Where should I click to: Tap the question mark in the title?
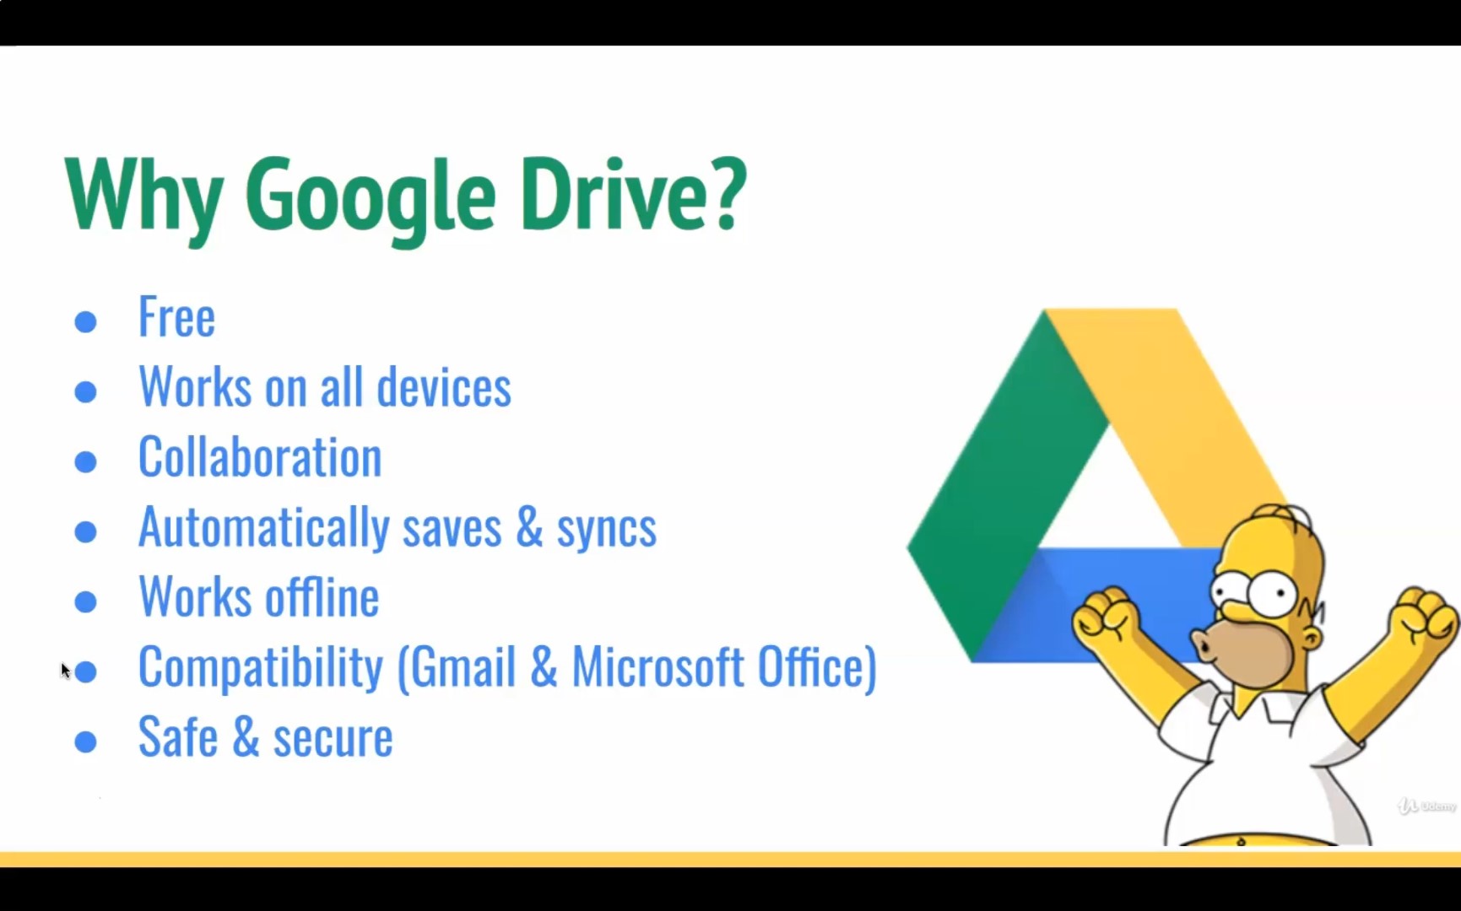click(723, 192)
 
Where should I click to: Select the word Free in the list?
click(176, 317)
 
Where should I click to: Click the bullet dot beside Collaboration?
click(85, 461)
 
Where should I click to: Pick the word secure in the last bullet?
click(333, 738)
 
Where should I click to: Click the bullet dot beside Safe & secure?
click(85, 741)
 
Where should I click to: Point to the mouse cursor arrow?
click(66, 671)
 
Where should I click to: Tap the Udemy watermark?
click(1427, 806)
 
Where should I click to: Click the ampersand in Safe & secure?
click(245, 736)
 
